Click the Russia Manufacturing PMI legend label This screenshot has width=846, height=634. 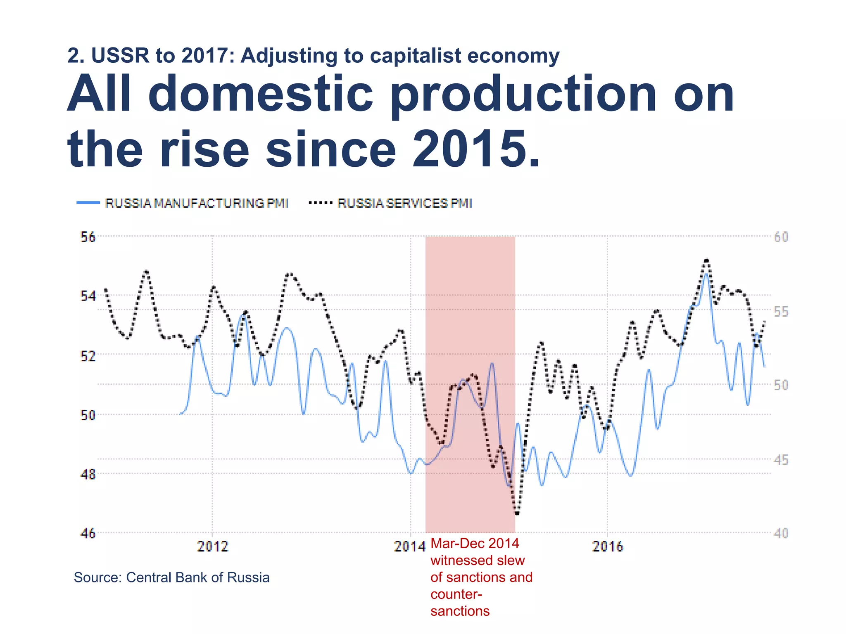point(197,203)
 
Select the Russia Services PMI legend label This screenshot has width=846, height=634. point(404,203)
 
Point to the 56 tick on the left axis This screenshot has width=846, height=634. point(88,237)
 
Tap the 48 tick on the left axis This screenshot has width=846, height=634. point(88,474)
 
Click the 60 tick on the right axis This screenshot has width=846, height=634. point(781,237)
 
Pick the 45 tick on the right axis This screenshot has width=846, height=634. point(781,459)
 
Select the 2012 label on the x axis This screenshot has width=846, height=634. point(212,546)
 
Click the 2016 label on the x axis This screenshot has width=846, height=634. point(607,546)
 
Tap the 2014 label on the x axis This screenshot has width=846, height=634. point(409,546)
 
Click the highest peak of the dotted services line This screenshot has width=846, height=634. point(707,260)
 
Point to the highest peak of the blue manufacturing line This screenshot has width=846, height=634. point(706,274)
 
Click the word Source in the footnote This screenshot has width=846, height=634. point(97,577)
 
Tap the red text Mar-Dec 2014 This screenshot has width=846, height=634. point(475,544)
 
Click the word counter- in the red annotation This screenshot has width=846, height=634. point(456,594)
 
